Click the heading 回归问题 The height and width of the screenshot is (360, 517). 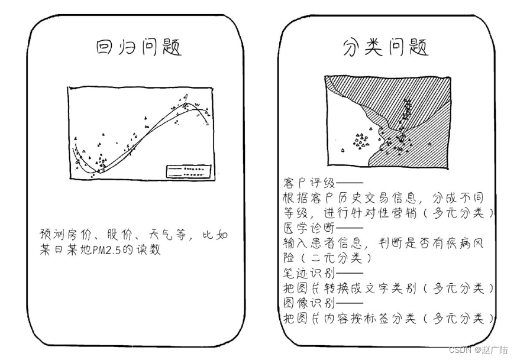point(139,47)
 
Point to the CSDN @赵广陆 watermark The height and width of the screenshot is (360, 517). point(477,350)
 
